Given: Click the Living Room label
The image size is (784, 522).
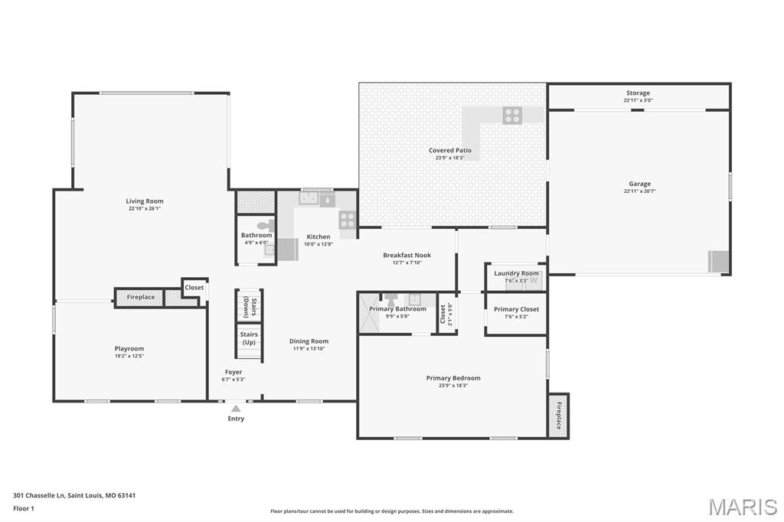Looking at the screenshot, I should point(145,201).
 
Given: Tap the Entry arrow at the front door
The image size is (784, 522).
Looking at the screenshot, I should point(236,409).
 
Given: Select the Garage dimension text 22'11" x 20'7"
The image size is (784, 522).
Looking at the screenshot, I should point(639,191).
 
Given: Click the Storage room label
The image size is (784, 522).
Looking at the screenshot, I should point(638,93).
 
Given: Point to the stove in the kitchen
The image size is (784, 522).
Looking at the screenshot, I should point(347,220).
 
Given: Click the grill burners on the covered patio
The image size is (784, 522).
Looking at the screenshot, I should point(512,115).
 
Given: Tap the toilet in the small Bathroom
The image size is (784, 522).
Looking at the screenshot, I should point(264,226).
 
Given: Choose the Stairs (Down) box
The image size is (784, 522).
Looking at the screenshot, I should point(249,306).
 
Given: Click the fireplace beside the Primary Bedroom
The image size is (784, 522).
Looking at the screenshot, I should point(558,416).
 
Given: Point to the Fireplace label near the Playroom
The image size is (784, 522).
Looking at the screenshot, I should point(141,297).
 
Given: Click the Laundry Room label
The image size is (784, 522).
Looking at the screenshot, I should point(516,273).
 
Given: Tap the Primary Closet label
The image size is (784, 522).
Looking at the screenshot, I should point(516,309).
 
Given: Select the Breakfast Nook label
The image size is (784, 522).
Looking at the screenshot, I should point(407,255).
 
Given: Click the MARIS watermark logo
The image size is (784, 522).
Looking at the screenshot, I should point(742,506).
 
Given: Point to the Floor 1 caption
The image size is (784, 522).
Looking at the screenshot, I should point(24,508).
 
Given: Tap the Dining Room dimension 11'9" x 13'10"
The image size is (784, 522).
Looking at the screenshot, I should point(309,349).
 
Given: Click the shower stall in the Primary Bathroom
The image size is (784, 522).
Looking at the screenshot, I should point(369,314).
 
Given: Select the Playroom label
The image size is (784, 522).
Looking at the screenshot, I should point(129,348).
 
